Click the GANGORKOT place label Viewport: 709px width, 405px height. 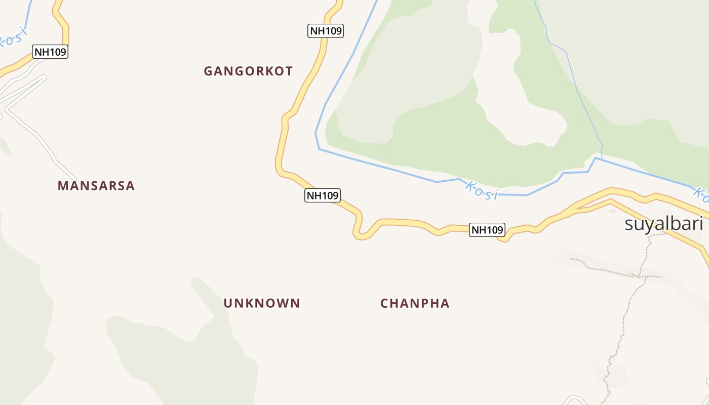pyautogui.click(x=248, y=71)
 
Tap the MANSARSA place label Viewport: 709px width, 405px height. pyautogui.click(x=96, y=186)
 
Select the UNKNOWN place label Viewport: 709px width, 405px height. pyautogui.click(x=262, y=303)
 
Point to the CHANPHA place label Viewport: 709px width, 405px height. pyautogui.click(x=415, y=303)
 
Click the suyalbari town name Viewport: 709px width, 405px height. pyautogui.click(x=663, y=223)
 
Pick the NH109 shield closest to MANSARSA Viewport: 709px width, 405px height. pyautogui.click(x=50, y=52)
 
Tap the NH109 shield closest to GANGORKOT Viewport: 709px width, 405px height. pyautogui.click(x=326, y=31)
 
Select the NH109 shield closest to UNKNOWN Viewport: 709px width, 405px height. pyautogui.click(x=322, y=195)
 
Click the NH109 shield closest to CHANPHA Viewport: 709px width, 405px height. pyautogui.click(x=487, y=230)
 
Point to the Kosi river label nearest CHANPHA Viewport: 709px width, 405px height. pyautogui.click(x=482, y=191)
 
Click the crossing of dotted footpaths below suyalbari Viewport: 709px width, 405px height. pyautogui.click(x=639, y=276)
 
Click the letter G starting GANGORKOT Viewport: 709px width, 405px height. pyautogui.click(x=208, y=71)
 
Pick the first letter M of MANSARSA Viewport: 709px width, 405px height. pyautogui.click(x=63, y=186)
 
